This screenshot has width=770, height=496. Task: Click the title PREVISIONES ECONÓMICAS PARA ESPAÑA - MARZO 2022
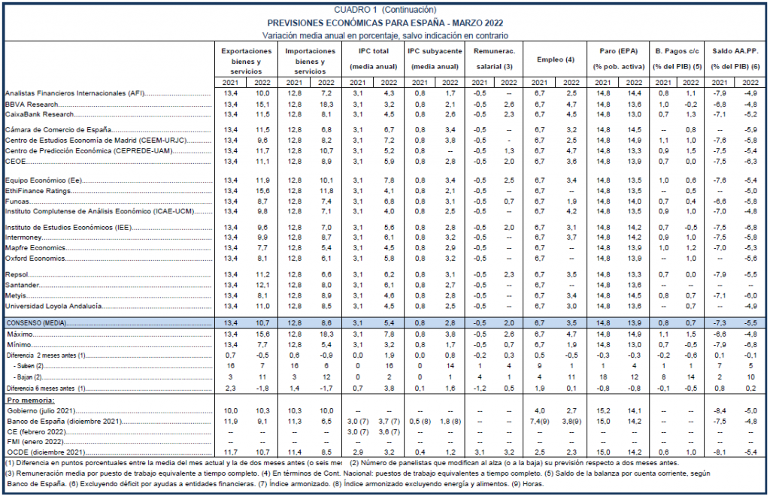click(385, 23)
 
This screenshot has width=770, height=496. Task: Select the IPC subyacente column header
click(435, 51)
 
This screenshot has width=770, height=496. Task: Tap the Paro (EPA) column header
click(618, 51)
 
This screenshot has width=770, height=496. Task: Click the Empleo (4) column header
click(556, 59)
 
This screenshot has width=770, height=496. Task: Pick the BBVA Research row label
click(32, 104)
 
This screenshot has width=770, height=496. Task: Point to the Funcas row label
click(17, 201)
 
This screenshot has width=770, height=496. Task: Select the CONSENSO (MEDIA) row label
click(36, 323)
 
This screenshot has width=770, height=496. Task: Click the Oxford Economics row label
click(35, 258)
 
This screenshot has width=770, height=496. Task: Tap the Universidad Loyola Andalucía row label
click(53, 306)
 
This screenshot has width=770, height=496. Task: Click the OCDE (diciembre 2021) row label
click(46, 452)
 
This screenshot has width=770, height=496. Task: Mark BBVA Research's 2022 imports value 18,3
click(326, 104)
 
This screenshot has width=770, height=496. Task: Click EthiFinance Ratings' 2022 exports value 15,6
click(262, 191)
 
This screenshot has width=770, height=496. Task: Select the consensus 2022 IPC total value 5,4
click(389, 323)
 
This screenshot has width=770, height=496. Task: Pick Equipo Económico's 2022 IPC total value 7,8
click(389, 180)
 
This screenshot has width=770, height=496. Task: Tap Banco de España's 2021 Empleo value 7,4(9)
click(539, 422)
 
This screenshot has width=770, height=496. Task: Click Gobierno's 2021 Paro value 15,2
click(602, 411)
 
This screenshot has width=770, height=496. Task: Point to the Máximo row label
click(20, 334)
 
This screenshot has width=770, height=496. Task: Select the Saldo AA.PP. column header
click(735, 51)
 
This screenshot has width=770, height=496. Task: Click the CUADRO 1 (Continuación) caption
click(385, 10)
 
